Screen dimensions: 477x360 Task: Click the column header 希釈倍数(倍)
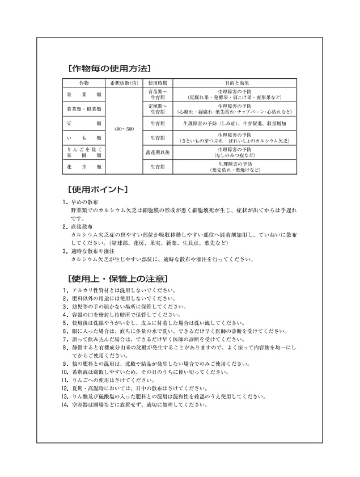pyautogui.click(x=124, y=83)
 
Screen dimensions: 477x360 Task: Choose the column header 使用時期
pyautogui.click(x=157, y=83)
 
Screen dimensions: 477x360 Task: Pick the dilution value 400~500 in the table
pyautogui.click(x=124, y=130)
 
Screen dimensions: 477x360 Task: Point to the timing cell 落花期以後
pyautogui.click(x=157, y=152)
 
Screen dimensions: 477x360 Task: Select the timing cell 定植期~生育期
pyautogui.click(x=157, y=108)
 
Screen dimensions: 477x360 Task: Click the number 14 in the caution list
pyautogui.click(x=66, y=406)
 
